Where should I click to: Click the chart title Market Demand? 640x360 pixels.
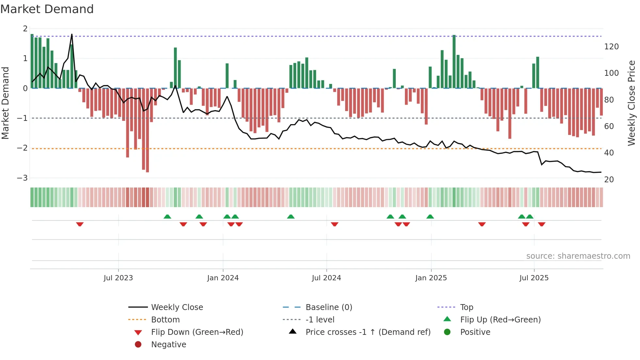47,9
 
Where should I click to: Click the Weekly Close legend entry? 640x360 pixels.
177,307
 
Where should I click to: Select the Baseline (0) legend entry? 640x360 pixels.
328,307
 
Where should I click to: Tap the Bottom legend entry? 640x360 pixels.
165,319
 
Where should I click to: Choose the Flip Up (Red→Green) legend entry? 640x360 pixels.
500,319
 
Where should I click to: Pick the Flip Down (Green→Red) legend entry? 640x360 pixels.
197,332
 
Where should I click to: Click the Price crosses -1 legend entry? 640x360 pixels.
368,332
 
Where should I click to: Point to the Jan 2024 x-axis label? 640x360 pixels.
223,278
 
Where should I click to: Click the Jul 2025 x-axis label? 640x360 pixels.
534,278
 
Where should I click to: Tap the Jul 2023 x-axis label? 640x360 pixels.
118,278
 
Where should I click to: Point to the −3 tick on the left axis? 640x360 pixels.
23,178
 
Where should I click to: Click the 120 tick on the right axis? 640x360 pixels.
611,47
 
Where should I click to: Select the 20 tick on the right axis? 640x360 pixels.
609,179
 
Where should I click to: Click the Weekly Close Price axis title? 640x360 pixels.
632,103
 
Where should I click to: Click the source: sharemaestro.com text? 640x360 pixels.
578,256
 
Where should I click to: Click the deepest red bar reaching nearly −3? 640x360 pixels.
148,131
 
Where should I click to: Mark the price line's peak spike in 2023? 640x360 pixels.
72,35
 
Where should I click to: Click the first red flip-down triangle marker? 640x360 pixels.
80,224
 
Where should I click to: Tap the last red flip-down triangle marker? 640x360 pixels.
542,224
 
